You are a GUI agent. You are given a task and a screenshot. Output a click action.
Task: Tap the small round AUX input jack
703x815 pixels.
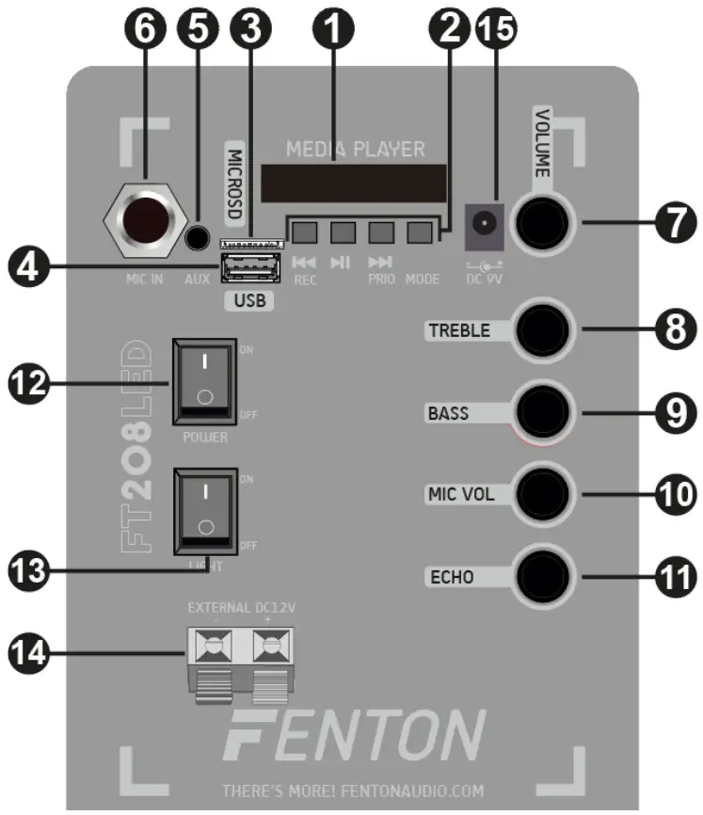(198, 240)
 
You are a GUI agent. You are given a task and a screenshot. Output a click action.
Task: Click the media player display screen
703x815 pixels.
(354, 183)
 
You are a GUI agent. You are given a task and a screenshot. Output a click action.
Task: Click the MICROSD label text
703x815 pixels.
(234, 184)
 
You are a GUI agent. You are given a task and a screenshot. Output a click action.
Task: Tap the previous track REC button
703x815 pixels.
(302, 231)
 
